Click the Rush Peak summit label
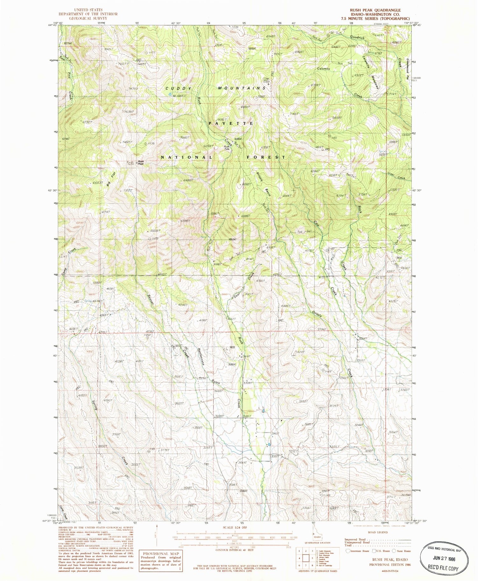tap(141, 162)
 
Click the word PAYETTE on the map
tap(231, 123)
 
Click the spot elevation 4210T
tap(301, 352)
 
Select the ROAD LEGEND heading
tap(377, 532)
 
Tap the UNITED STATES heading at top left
tap(87, 10)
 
